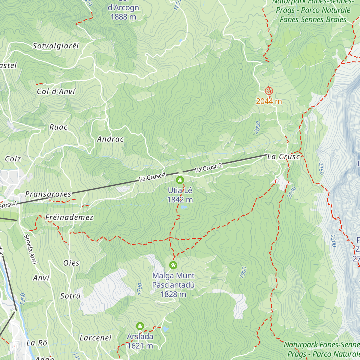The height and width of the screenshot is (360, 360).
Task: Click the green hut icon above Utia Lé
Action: [180, 180]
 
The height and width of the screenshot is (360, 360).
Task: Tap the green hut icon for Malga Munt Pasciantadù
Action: [173, 265]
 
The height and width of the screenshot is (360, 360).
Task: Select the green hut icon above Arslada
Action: [140, 326]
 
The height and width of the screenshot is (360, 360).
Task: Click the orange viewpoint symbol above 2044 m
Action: [269, 91]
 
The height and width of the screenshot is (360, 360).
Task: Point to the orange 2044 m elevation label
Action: [269, 101]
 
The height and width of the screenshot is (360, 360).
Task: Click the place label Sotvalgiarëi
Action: [56, 46]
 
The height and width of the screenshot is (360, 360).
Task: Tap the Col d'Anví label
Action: [56, 91]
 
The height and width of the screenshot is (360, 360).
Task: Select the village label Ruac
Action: [58, 127]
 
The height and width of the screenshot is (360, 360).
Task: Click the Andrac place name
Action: [110, 139]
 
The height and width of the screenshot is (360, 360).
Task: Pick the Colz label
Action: [13, 159]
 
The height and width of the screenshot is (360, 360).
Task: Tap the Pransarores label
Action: [48, 194]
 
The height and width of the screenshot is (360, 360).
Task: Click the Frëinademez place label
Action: [69, 217]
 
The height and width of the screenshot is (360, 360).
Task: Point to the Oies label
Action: [71, 263]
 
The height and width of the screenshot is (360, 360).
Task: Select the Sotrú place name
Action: [70, 296]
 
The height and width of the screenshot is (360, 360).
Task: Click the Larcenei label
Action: [95, 338]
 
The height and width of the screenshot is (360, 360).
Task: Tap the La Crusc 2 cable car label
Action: [209, 168]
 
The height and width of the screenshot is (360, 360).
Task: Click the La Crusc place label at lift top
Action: [283, 157]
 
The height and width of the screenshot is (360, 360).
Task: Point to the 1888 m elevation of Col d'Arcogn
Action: [123, 17]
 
